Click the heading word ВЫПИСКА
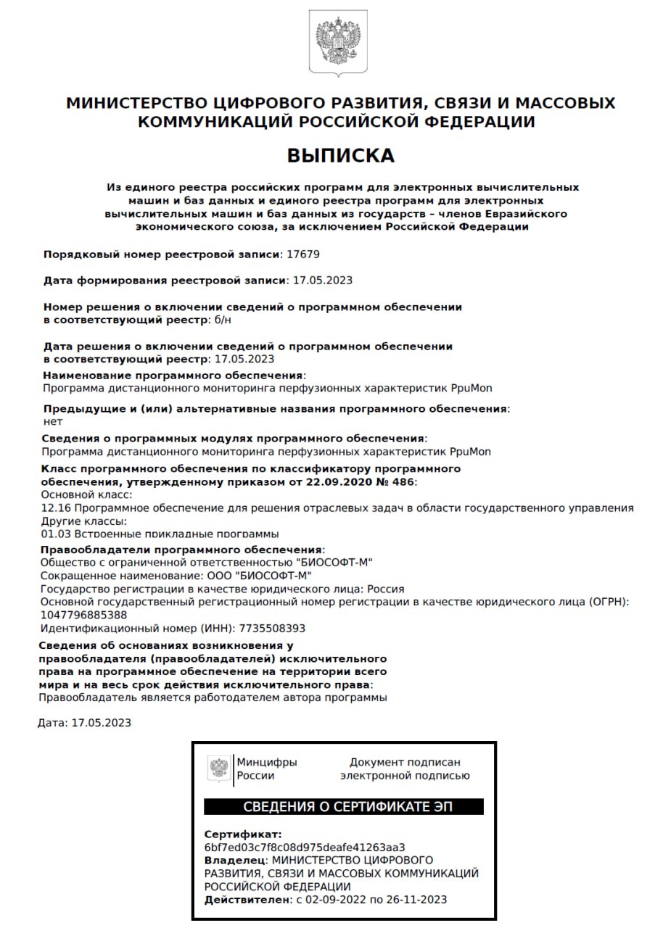340,156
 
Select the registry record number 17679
303,254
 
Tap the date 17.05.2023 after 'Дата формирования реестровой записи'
322,280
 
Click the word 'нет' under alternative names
53,421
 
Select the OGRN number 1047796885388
86,615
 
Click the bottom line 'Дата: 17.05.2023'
84,723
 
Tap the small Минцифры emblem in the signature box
219,768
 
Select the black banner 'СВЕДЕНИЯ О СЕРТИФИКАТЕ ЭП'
343,807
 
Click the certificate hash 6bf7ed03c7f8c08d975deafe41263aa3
305,847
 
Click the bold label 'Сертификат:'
242,834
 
